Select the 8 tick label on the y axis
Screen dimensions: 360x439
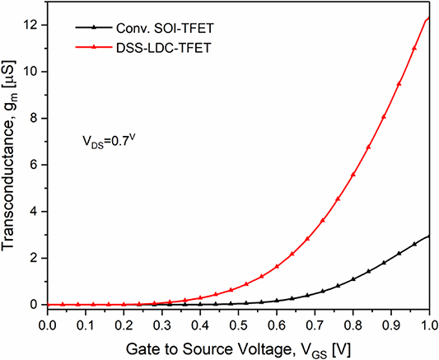33,117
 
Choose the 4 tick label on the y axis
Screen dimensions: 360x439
33,211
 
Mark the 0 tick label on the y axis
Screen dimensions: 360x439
33,305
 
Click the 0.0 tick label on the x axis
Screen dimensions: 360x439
46,325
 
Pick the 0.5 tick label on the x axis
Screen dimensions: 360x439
239,325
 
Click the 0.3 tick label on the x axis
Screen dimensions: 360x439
161,325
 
